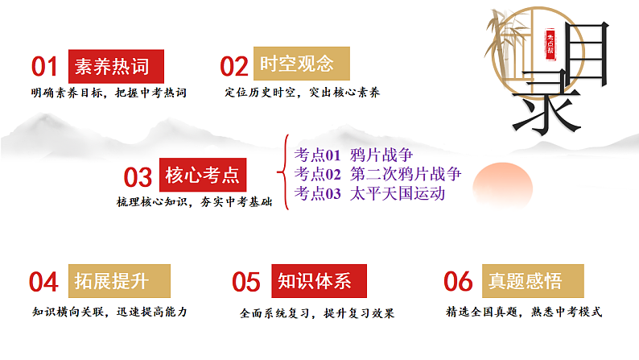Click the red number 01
[45, 66]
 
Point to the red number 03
[138, 176]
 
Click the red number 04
[44, 282]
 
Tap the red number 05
[246, 282]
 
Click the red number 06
[458, 281]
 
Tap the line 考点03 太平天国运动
[369, 192]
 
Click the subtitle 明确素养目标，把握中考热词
[109, 93]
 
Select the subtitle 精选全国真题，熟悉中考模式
[524, 312]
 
